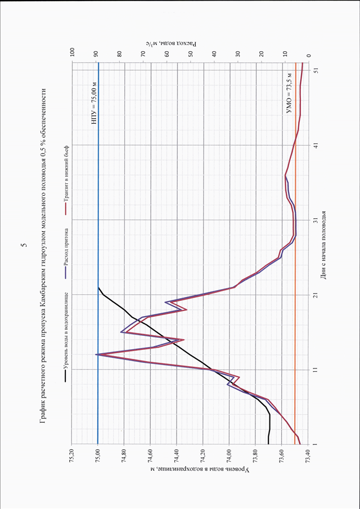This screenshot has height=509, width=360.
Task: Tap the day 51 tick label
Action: coord(316,70)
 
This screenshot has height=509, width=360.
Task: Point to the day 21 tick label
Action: coord(316,294)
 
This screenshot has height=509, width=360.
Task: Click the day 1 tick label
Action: coord(316,444)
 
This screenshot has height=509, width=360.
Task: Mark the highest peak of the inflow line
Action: coord(96,354)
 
